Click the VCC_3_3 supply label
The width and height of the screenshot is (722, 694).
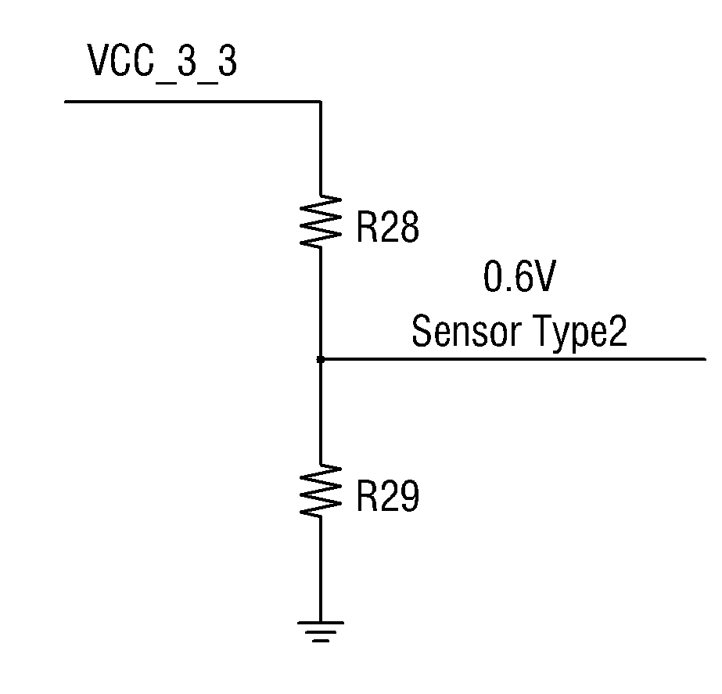coord(162,62)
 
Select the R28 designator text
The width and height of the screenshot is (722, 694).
coord(388,227)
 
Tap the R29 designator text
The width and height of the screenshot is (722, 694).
coord(388,496)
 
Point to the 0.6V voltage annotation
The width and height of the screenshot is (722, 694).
coord(520,276)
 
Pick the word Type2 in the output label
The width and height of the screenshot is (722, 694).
coord(581,333)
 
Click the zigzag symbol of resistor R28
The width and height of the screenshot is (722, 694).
coord(321,221)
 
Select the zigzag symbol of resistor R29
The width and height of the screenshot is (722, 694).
coord(321,490)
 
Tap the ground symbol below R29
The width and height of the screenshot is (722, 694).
coord(321,631)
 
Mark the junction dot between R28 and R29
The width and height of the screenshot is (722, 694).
coord(321,359)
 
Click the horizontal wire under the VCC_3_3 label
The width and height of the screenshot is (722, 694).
coord(192,101)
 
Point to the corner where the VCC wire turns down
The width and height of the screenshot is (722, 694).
coord(321,101)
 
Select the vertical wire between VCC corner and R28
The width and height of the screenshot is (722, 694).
coord(321,148)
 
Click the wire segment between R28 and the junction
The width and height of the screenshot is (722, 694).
coord(321,303)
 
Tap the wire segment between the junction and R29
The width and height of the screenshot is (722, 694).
coord(321,412)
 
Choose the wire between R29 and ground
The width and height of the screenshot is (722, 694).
coord(321,569)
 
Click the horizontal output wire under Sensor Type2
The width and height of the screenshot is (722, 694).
coord(513,359)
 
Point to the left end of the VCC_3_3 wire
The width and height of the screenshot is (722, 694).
coord(64,101)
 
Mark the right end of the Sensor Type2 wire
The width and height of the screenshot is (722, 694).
coord(706,359)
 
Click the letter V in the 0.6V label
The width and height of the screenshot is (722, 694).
coord(544,276)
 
